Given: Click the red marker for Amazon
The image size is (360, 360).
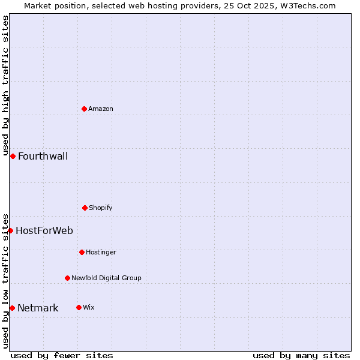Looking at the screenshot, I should [85, 109].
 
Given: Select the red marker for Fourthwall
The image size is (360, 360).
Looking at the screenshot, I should [13, 156].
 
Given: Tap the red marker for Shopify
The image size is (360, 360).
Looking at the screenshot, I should [85, 208].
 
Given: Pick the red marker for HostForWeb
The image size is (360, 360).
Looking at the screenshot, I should [10, 230].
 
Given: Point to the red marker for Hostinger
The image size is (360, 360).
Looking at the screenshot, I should [82, 252].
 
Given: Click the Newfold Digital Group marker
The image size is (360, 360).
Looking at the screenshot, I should [67, 278].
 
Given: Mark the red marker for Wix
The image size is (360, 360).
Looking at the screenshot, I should [79, 307].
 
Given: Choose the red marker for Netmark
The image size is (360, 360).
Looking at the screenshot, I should [12, 308].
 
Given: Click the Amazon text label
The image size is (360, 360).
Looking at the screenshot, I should [101, 109].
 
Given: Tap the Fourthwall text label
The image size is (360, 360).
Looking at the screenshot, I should [43, 157].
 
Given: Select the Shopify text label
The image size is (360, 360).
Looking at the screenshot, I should [101, 208].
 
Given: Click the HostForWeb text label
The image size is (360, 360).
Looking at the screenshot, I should [44, 230].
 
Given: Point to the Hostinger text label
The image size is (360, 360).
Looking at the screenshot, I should [101, 252].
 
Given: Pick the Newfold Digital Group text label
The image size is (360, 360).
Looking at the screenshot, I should [106, 278].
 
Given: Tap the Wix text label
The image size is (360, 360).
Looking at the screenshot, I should [89, 307].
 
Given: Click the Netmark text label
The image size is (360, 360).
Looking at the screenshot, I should [38, 308].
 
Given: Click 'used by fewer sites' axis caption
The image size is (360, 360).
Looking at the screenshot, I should [62, 355].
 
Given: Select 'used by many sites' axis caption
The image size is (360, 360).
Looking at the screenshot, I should [301, 355].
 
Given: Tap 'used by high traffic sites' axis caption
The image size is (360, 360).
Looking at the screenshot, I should [5, 85].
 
